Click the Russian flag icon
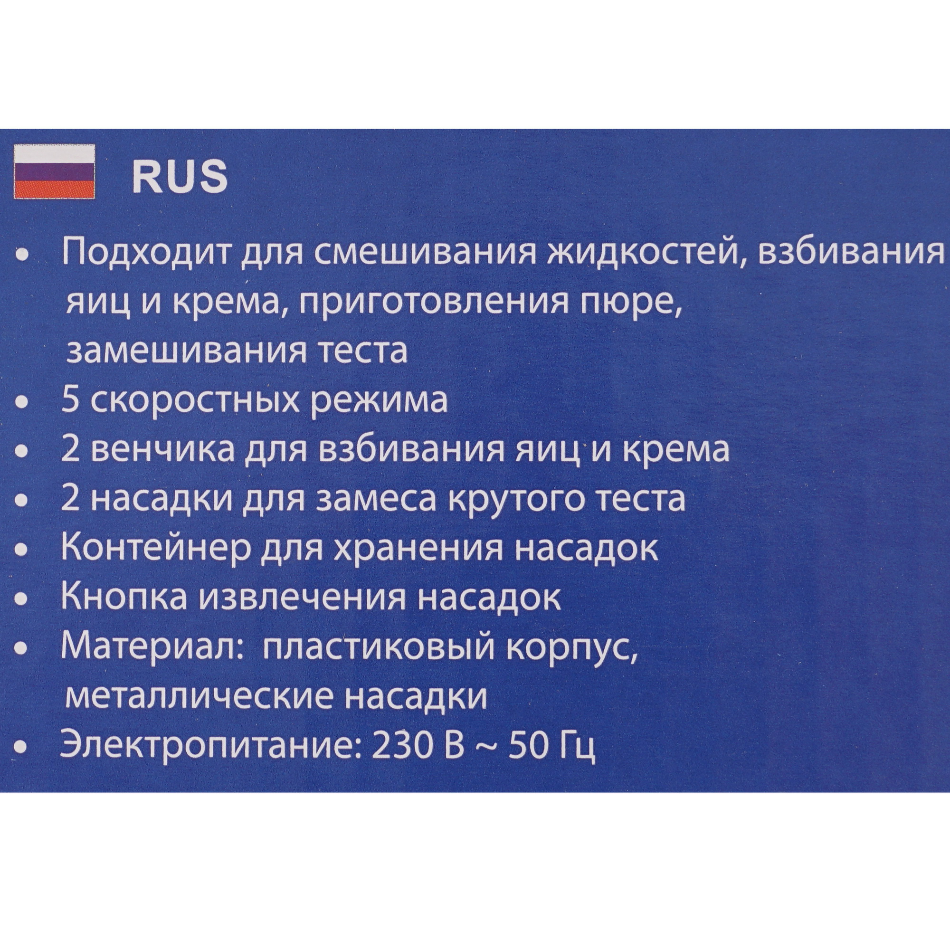point(54,171)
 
